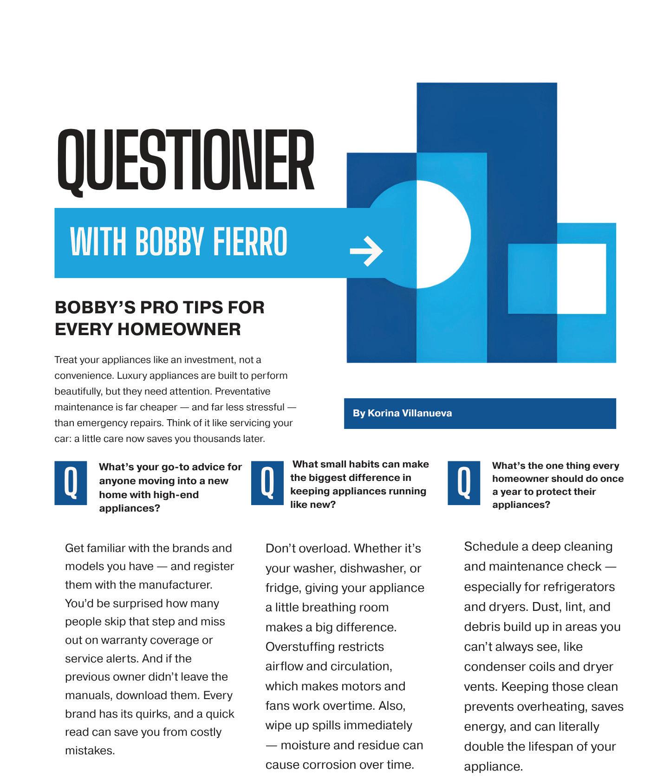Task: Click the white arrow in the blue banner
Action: (366, 251)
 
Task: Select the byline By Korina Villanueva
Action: (402, 413)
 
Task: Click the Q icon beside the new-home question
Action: (71, 483)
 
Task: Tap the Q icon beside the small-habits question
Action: (267, 483)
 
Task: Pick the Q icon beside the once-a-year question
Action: (464, 483)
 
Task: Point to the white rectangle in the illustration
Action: (581, 279)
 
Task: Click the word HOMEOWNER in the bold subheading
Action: (179, 329)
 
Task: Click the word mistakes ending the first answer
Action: (90, 751)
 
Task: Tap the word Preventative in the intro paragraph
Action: (242, 391)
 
